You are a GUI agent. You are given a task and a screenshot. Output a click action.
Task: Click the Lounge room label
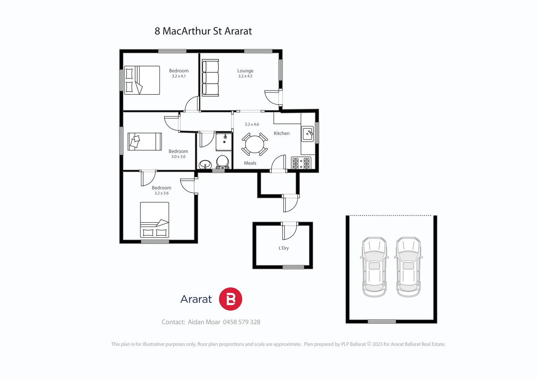(x=245, y=71)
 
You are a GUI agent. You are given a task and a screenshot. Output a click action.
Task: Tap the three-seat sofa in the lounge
(x=210, y=78)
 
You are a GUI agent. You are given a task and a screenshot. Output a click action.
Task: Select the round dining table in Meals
(x=254, y=144)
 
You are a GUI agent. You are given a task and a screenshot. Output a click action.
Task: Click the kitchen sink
(x=307, y=134)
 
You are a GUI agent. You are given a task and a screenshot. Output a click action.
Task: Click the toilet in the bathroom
(x=223, y=162)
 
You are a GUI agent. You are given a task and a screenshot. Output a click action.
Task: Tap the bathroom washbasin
(x=205, y=164)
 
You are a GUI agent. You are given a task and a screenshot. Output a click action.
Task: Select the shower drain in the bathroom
(x=224, y=142)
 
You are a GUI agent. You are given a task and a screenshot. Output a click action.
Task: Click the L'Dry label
(x=284, y=248)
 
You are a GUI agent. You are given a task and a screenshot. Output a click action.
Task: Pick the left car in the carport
(x=374, y=267)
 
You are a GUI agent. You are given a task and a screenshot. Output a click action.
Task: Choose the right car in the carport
(x=408, y=267)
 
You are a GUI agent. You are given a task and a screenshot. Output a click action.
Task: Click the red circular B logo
(x=231, y=299)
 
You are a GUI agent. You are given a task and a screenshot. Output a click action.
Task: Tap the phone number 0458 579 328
(x=241, y=322)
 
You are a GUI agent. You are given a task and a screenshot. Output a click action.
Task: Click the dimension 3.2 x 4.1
(x=179, y=76)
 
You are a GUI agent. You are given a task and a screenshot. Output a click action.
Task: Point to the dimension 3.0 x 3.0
(x=178, y=157)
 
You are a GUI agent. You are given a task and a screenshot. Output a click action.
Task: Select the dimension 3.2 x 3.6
(x=161, y=193)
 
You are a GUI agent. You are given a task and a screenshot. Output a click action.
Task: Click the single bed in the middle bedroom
(x=145, y=141)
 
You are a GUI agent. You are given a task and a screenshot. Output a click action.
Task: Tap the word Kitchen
(x=281, y=133)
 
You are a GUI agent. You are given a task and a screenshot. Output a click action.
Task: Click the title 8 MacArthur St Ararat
(x=203, y=31)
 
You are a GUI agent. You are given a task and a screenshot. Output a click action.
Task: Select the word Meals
(x=250, y=163)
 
